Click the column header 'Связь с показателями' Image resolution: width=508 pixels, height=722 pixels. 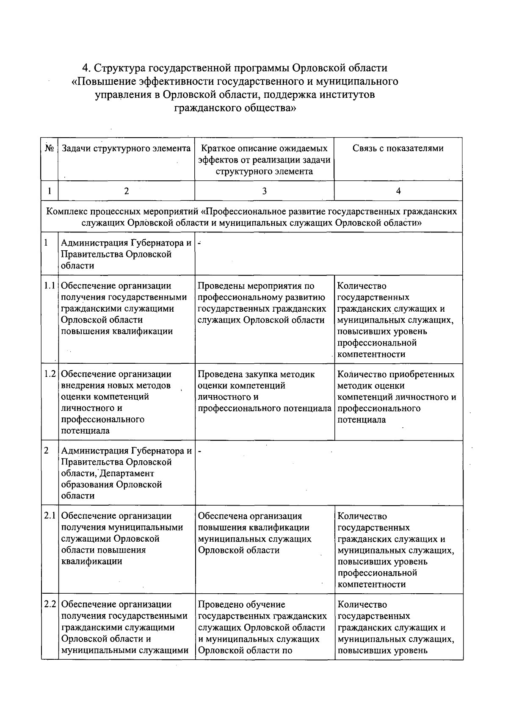tap(398, 149)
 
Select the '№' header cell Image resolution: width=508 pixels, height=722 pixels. tap(49, 149)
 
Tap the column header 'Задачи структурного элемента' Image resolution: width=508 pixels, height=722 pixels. tap(126, 149)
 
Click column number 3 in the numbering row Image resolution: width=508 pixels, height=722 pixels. tap(264, 191)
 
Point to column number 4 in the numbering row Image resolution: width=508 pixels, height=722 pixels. tap(398, 191)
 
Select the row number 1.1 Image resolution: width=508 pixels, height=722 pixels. tap(50, 286)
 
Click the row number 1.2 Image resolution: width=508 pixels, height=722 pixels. tap(50, 374)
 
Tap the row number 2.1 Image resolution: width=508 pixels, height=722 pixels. tap(50, 516)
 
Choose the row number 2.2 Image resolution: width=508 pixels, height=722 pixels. tap(50, 605)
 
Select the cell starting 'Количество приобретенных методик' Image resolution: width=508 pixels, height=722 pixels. tap(397, 397)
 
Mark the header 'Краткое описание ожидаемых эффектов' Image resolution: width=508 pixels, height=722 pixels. tap(264, 160)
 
